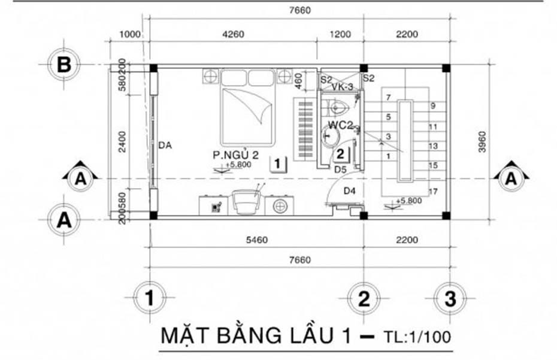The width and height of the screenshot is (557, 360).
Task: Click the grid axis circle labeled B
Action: coord(63,64)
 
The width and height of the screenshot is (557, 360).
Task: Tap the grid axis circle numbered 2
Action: coord(364,298)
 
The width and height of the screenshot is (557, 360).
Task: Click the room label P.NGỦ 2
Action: coord(235,155)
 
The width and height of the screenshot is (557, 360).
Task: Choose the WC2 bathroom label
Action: coord(340,125)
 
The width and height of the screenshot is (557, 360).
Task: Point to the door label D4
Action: coord(350,191)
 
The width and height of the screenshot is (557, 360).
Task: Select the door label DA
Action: coord(166,144)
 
